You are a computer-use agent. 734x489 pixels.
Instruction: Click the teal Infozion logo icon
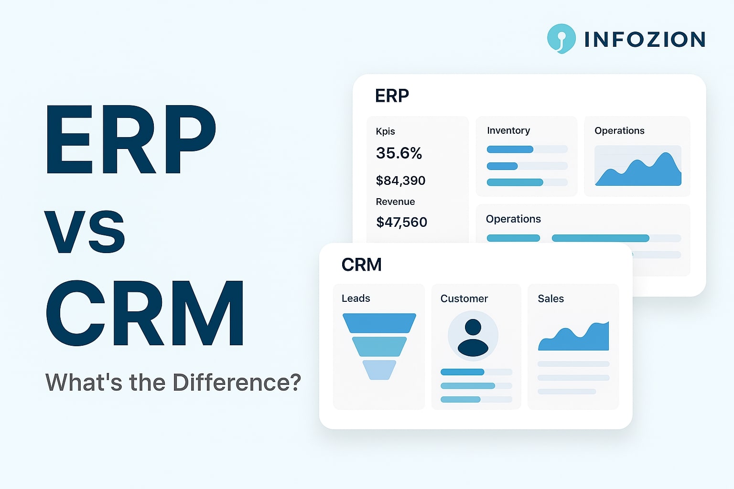tap(561, 38)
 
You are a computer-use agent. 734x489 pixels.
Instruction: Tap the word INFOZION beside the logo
tap(645, 39)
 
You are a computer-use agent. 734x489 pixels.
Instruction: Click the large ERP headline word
tap(130, 139)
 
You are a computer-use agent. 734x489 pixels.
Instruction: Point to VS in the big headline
tap(85, 232)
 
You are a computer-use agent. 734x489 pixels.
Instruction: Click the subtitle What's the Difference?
tap(173, 383)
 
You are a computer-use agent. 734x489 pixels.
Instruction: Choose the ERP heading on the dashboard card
tap(392, 96)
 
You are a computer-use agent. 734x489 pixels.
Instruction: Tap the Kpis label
tap(385, 131)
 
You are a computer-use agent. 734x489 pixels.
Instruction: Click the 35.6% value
tap(399, 153)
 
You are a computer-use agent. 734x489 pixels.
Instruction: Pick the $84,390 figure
tap(400, 181)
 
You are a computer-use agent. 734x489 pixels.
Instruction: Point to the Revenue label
tap(395, 202)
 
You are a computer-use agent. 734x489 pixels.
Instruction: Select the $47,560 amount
tap(401, 222)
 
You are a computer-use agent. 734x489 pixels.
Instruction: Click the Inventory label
tap(508, 130)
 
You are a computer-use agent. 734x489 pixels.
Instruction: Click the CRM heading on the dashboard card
tap(361, 265)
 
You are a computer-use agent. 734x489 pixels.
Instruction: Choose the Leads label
tap(356, 298)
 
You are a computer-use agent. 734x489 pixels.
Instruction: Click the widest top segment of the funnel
tap(379, 323)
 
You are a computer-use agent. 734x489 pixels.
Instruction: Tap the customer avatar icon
tap(473, 336)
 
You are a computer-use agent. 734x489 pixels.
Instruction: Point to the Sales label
tap(550, 298)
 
